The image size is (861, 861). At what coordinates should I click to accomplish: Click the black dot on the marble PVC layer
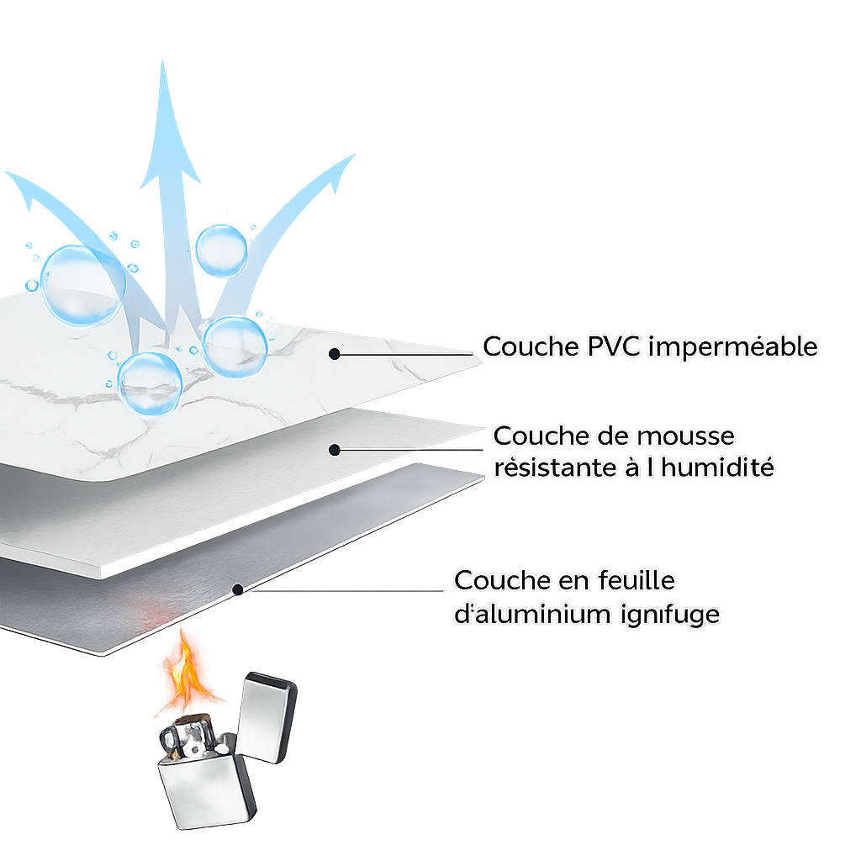point(334,354)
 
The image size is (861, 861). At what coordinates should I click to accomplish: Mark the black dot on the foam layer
point(334,450)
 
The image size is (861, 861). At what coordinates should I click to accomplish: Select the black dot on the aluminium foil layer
point(238,589)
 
